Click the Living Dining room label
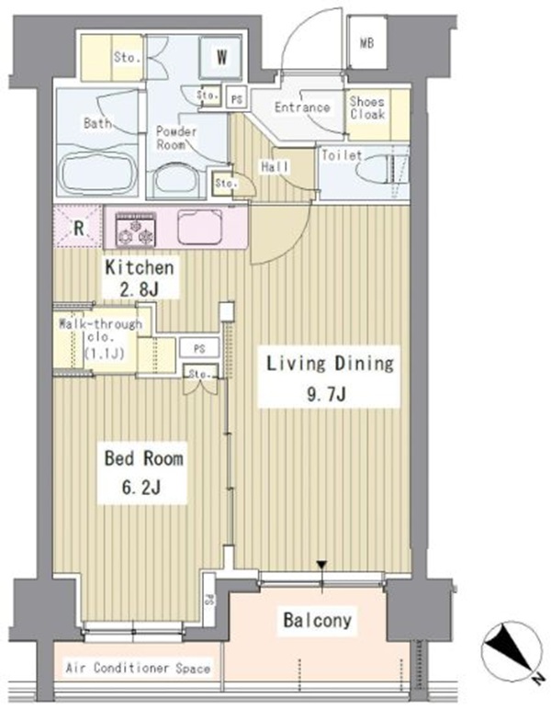(x=331, y=364)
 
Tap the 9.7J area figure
(x=327, y=393)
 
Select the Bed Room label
(x=143, y=458)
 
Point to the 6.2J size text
(x=141, y=487)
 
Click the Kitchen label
(x=140, y=268)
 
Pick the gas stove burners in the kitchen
(x=136, y=231)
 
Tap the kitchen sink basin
(x=200, y=227)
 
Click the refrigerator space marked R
(x=79, y=228)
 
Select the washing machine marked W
(x=220, y=58)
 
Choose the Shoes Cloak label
(x=367, y=107)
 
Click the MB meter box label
(x=366, y=42)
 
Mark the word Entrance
(x=303, y=107)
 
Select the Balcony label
(x=318, y=621)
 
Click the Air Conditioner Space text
(x=138, y=669)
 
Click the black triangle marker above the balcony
(x=322, y=564)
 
